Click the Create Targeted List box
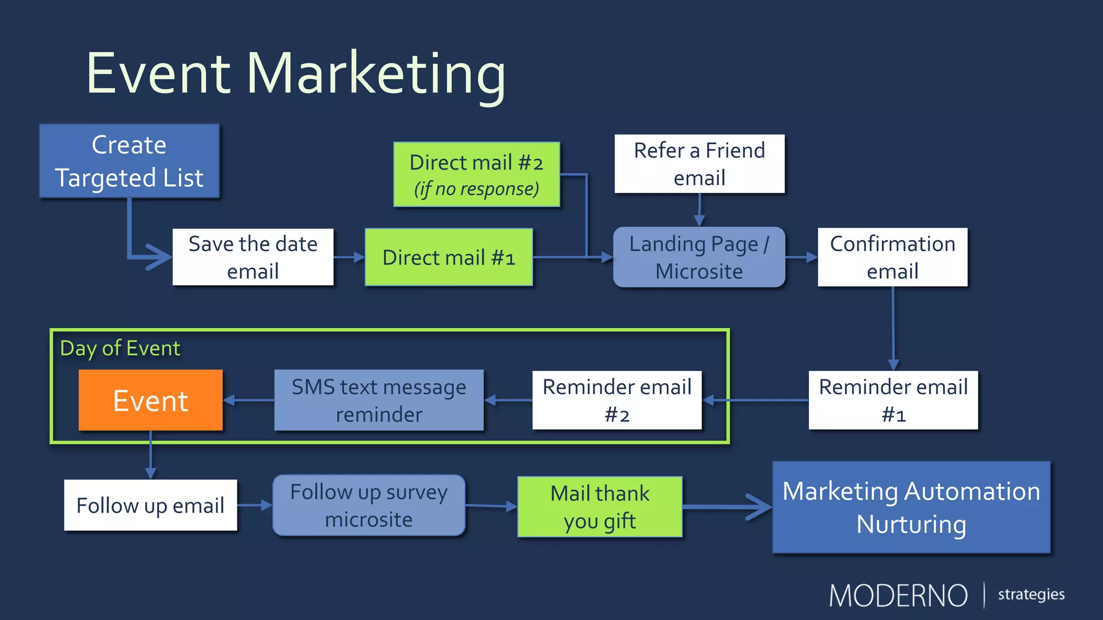[x=129, y=161]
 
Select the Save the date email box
[x=253, y=257]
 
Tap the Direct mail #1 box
[x=449, y=257]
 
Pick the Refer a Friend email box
[x=699, y=164]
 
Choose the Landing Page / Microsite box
[x=699, y=257]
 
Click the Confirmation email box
[x=892, y=257]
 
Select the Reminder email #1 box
[x=893, y=400]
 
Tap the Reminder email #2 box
[x=617, y=400]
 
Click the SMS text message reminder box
[x=379, y=400]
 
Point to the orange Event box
[x=150, y=400]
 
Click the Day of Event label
[x=120, y=348]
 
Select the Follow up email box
[x=150, y=505]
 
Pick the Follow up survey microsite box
[x=369, y=505]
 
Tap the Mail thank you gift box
[x=599, y=506]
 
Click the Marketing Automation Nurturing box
[x=911, y=507]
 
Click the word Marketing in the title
[x=376, y=74]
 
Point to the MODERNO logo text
[x=898, y=595]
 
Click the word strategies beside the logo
[x=1031, y=594]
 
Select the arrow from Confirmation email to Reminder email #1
[x=893, y=328]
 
